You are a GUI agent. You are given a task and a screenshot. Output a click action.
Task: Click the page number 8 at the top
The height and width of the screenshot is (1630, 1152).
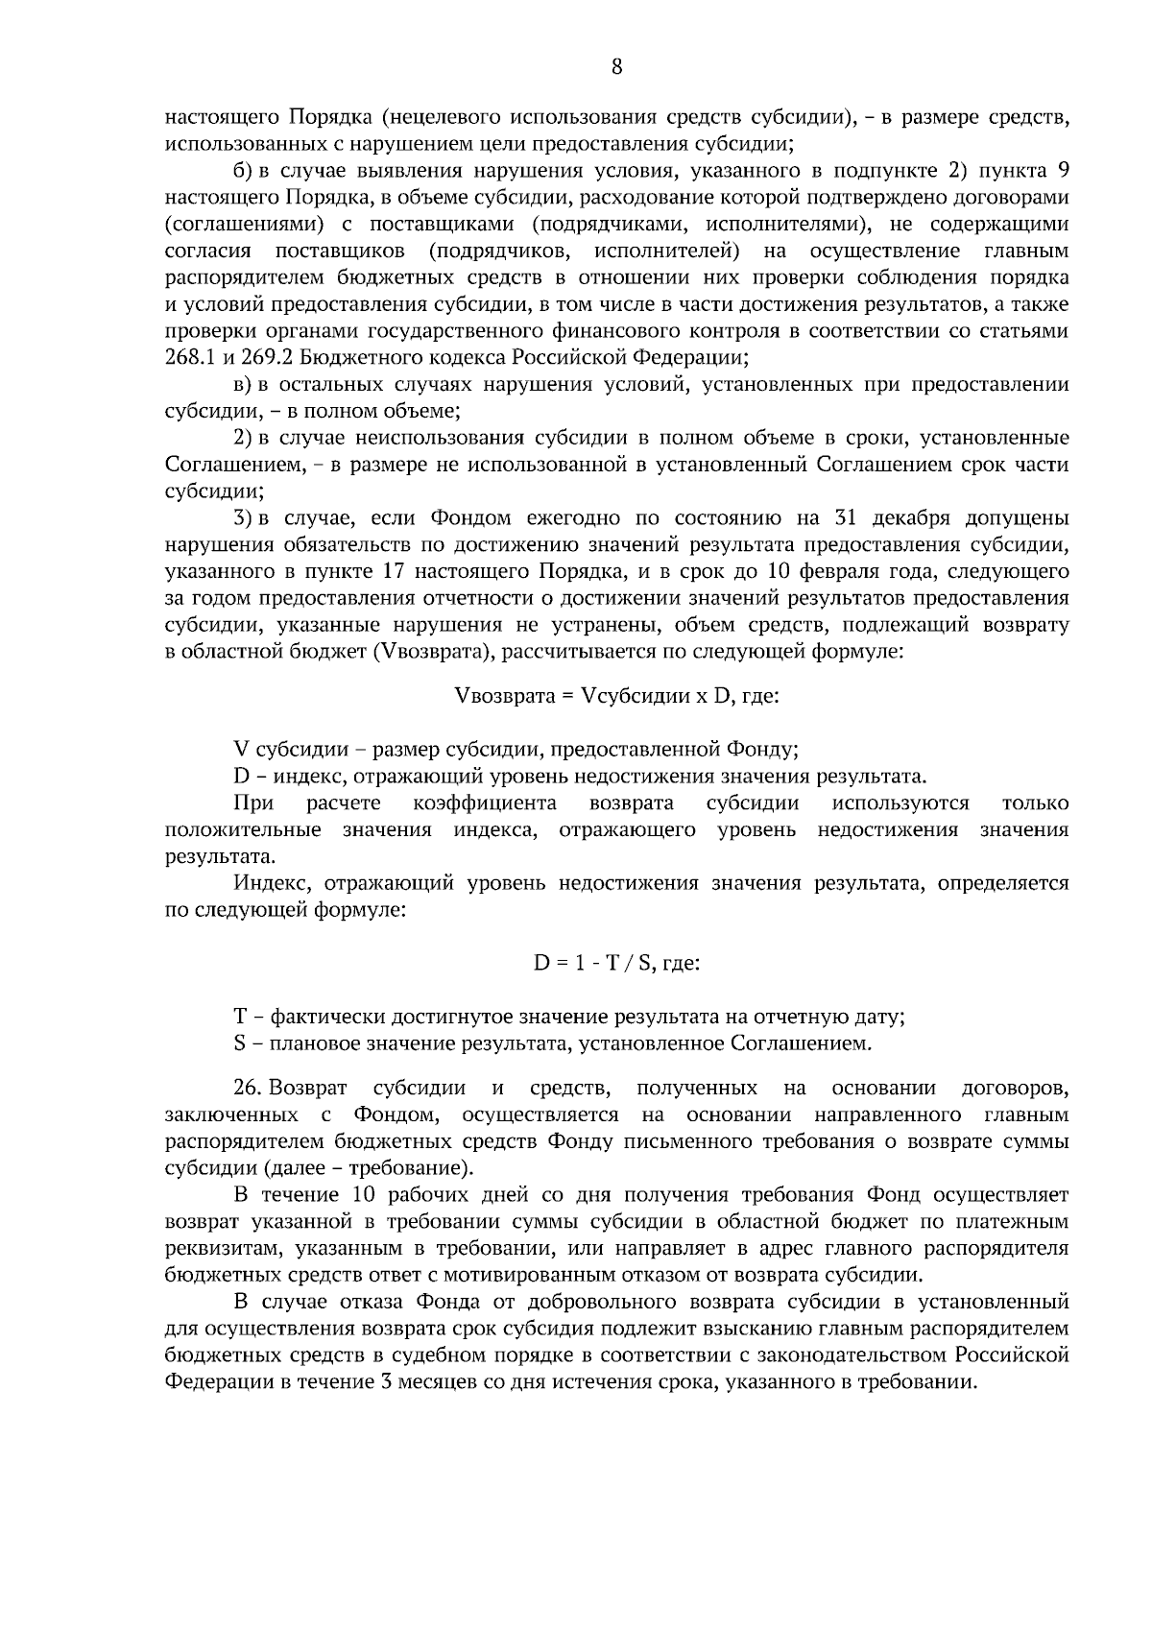(x=616, y=66)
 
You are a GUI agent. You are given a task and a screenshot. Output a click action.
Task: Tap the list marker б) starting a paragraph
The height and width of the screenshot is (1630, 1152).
(x=244, y=171)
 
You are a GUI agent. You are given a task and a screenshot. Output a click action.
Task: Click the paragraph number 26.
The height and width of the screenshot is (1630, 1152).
(x=247, y=1089)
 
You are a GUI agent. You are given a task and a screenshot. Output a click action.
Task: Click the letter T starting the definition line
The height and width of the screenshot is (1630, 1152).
(x=240, y=1016)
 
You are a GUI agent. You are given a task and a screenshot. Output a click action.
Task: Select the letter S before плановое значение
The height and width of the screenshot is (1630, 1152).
(x=239, y=1043)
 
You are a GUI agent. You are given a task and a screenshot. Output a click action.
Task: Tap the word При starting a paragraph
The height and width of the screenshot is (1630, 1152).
(x=253, y=803)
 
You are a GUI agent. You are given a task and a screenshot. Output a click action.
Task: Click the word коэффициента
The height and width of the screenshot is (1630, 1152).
(x=485, y=803)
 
